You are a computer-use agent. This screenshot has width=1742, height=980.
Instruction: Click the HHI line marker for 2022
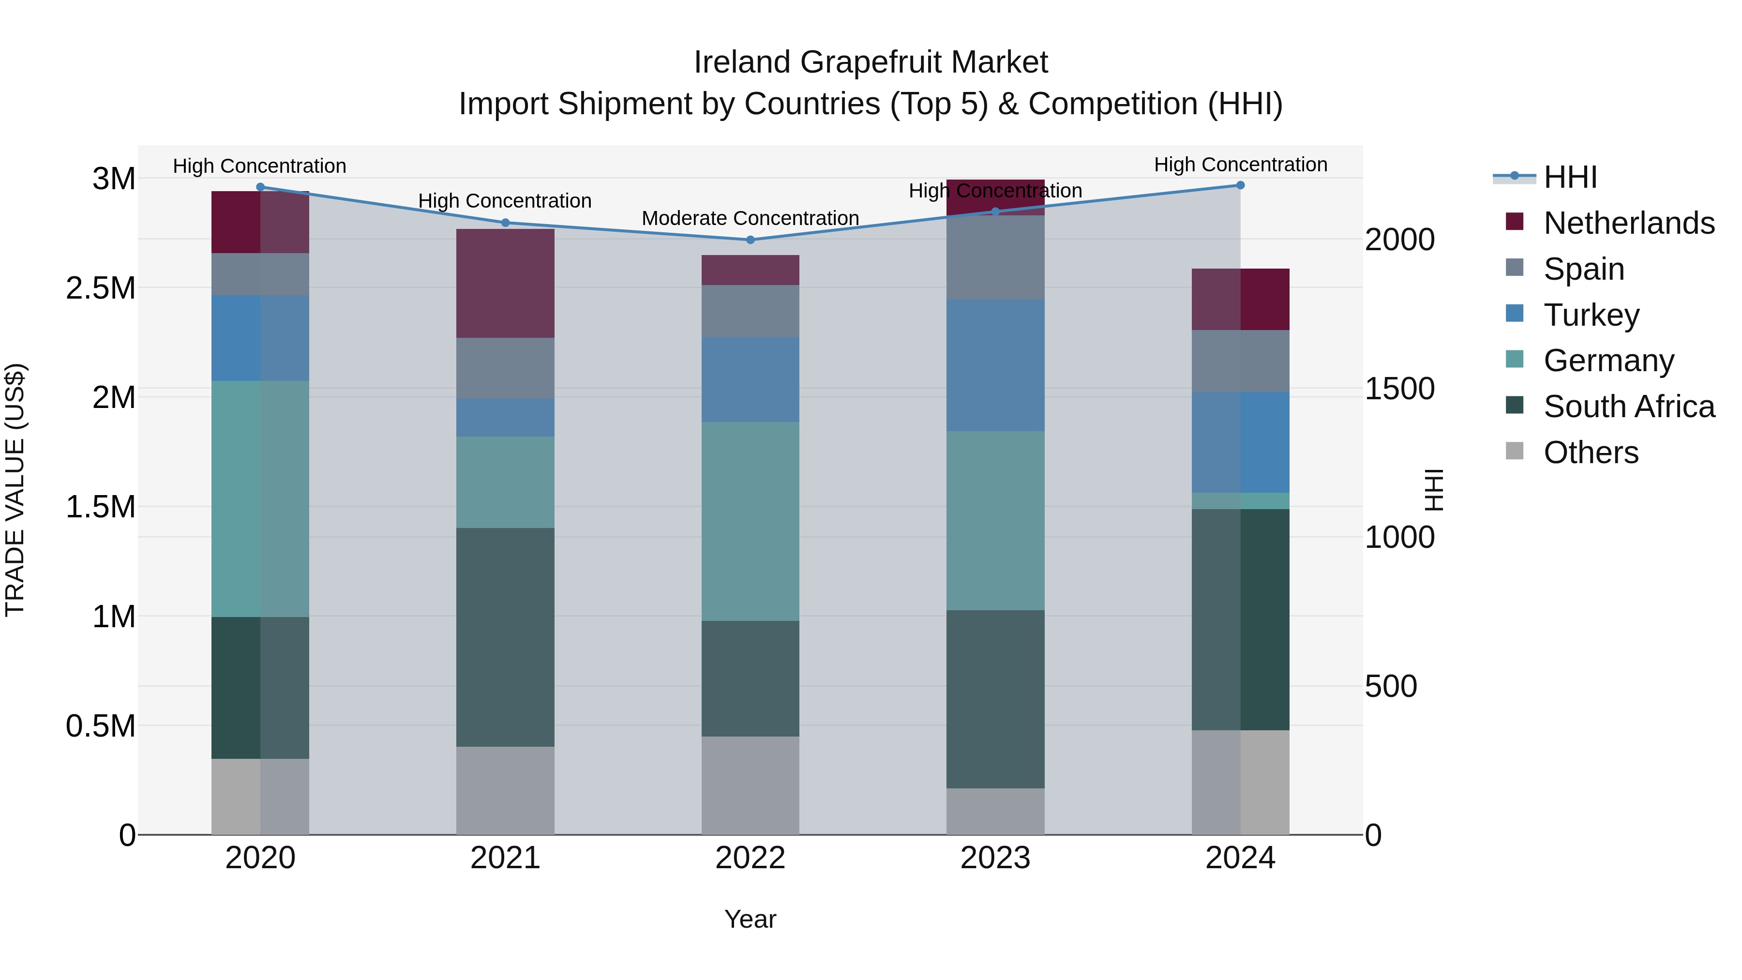click(x=750, y=240)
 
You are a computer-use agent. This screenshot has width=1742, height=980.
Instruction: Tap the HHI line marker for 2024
click(x=1240, y=185)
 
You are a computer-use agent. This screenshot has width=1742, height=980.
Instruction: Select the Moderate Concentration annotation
click(x=750, y=218)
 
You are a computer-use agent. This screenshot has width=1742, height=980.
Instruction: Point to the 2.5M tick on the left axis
click(x=100, y=288)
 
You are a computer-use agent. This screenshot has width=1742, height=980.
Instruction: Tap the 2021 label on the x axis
click(x=505, y=858)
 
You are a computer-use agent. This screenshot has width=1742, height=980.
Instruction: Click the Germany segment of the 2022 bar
click(x=750, y=521)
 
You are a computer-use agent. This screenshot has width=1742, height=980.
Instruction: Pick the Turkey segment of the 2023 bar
click(x=995, y=365)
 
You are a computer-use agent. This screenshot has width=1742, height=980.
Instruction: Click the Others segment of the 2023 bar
click(x=995, y=811)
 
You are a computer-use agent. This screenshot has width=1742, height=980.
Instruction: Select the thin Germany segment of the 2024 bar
click(x=1240, y=500)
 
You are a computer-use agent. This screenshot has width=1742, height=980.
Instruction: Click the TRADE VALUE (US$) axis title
click(x=15, y=490)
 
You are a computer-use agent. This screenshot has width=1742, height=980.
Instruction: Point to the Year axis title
click(x=750, y=919)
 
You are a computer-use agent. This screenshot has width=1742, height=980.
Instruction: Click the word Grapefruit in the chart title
click(x=871, y=62)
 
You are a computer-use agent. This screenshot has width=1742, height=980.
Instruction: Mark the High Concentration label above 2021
click(x=505, y=201)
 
